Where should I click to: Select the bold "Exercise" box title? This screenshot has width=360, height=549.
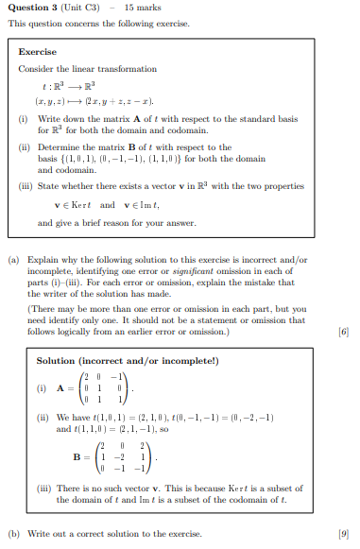38,52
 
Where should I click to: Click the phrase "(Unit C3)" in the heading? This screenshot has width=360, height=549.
81,8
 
